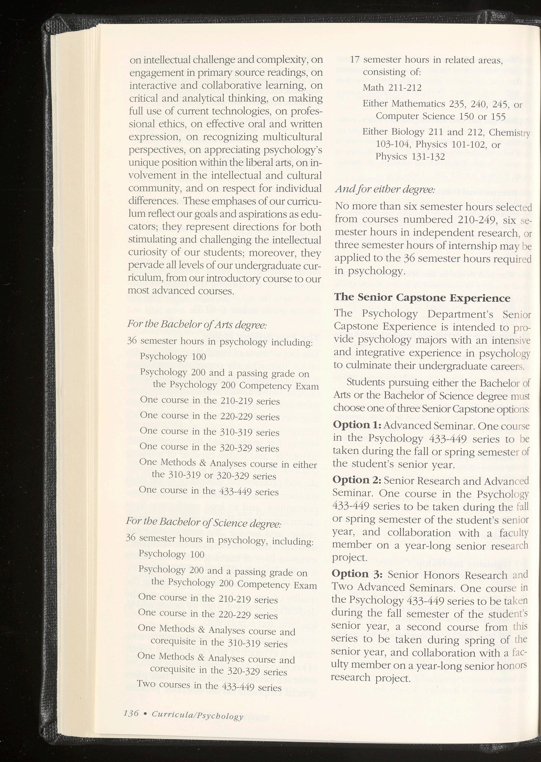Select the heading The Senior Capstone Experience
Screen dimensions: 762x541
point(422,298)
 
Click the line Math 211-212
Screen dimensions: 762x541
point(392,88)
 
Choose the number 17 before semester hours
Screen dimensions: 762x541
point(355,60)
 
